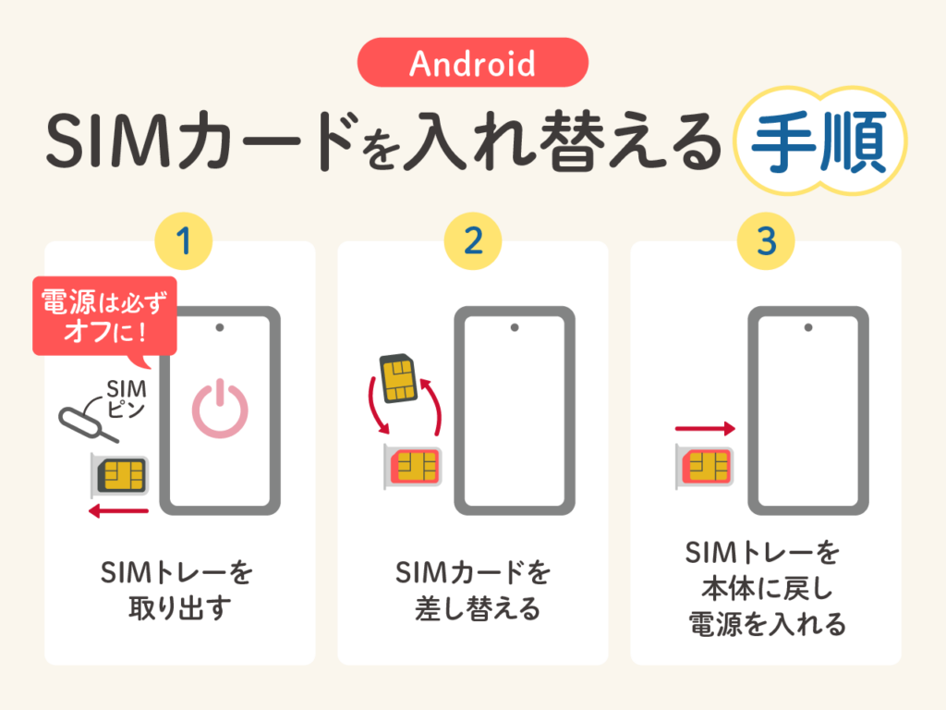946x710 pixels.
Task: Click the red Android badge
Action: pos(472,63)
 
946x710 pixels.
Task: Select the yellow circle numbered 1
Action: pos(184,241)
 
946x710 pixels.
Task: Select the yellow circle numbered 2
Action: pos(473,241)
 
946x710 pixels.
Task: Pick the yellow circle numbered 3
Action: pos(766,241)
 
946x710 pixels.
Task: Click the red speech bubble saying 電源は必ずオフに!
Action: pos(104,317)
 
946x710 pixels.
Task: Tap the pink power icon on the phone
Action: pos(220,409)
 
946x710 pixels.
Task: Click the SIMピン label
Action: pos(127,398)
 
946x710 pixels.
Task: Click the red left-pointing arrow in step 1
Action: pos(118,511)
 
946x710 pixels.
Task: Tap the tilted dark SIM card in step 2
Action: pos(398,378)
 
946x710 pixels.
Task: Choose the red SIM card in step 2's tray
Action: pos(416,466)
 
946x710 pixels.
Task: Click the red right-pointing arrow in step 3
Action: pos(705,429)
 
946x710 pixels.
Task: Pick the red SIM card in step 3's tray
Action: pos(707,466)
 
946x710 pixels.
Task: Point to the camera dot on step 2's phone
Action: pos(515,328)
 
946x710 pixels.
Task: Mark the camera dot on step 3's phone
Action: pos(808,328)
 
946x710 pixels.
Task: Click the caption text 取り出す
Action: pos(180,608)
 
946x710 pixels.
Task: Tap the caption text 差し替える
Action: pos(478,608)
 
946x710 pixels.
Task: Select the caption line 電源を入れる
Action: pos(767,624)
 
